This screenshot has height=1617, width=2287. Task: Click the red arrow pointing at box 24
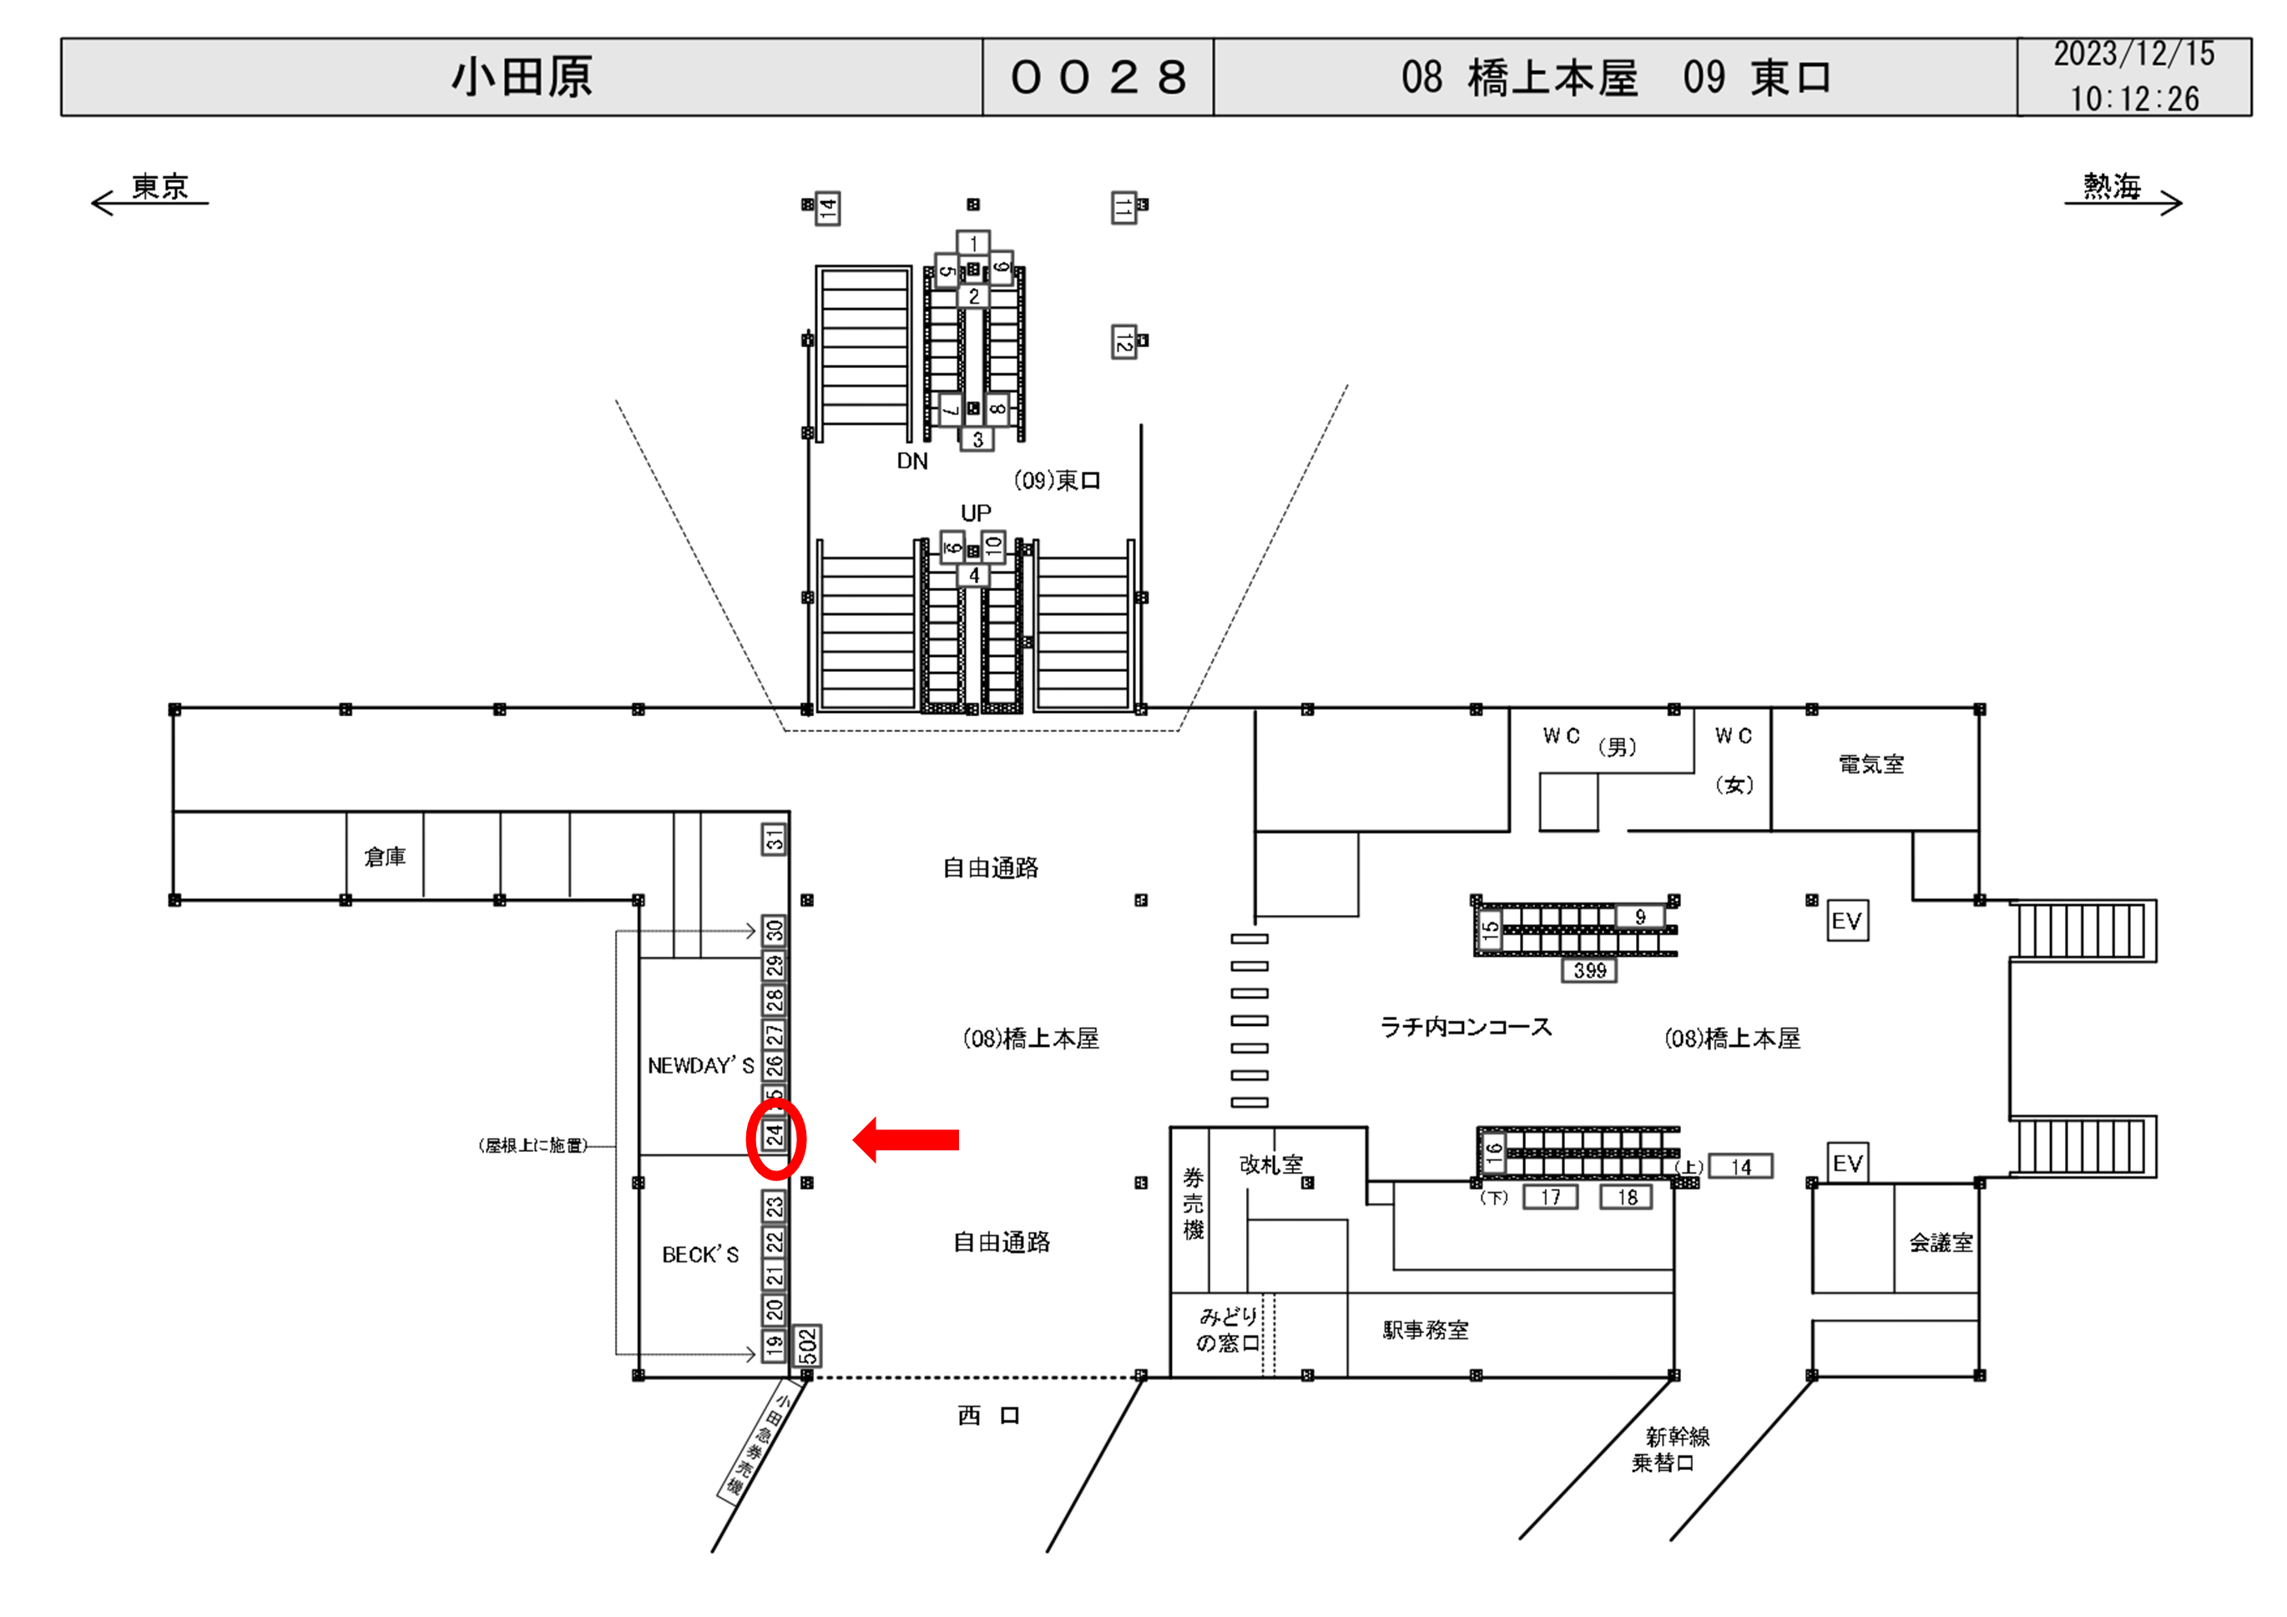[906, 1139]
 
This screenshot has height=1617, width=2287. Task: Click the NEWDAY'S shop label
[700, 1065]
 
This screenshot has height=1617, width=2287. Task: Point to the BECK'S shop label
[700, 1255]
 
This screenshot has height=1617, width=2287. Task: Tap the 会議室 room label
[1941, 1242]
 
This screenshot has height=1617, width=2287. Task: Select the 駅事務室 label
[1426, 1330]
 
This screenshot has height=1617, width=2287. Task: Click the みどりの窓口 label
[1228, 1330]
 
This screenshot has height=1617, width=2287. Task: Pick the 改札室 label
[1271, 1164]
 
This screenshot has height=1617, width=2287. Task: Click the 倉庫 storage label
[385, 857]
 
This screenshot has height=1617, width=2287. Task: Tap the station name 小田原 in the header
[522, 78]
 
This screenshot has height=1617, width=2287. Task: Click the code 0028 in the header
[1098, 78]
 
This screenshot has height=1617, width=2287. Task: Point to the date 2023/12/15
[2133, 53]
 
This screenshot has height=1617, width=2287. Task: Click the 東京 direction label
[159, 186]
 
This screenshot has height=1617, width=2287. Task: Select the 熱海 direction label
[2112, 186]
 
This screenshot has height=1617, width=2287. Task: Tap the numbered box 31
[774, 840]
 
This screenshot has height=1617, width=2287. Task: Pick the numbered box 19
[774, 1346]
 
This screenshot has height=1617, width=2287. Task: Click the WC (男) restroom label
[1588, 741]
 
